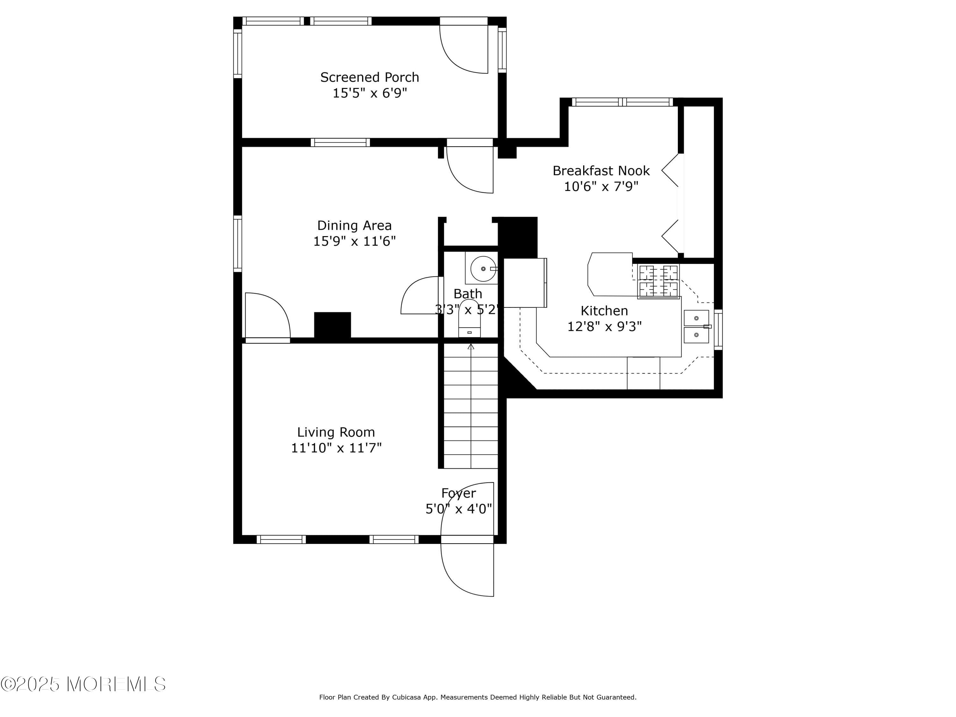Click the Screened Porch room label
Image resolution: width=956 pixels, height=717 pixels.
(x=370, y=77)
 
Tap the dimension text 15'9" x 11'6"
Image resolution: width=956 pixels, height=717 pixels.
(x=354, y=241)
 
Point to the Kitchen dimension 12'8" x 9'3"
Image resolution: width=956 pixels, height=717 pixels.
(x=604, y=326)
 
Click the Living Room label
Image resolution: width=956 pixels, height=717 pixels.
(x=336, y=432)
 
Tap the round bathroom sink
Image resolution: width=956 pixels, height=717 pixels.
(x=483, y=269)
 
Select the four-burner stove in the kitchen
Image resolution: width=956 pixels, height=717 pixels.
(x=658, y=281)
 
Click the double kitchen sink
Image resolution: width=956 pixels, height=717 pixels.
(x=696, y=327)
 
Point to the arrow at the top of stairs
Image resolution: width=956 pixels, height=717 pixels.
(x=471, y=347)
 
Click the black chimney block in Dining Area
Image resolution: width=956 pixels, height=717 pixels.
(x=332, y=325)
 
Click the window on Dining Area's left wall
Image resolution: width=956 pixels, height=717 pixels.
(x=238, y=244)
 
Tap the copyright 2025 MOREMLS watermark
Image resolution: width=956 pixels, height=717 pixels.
(x=83, y=684)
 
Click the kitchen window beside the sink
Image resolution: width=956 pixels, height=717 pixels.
(x=718, y=329)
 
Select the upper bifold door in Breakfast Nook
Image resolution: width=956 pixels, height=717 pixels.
(x=671, y=170)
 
